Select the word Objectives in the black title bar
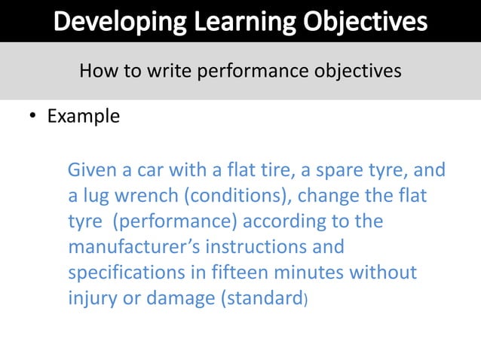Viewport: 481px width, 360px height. (x=366, y=21)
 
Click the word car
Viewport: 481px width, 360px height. (x=155, y=170)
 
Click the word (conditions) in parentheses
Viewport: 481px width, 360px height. (x=230, y=196)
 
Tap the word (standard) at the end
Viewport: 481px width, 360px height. (x=263, y=298)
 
